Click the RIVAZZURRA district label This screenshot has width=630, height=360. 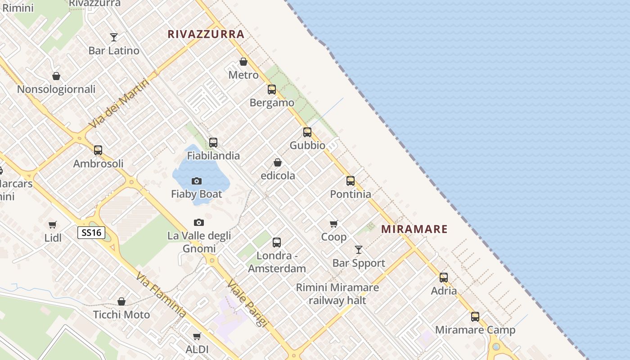[206, 34]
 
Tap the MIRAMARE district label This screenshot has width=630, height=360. [414, 229]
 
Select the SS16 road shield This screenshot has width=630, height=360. [91, 233]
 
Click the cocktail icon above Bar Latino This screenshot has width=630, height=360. [114, 37]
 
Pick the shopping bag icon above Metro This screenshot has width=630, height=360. [243, 62]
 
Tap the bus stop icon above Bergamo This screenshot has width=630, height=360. [272, 90]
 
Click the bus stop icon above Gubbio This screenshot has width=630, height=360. [307, 132]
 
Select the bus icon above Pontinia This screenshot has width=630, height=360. [351, 181]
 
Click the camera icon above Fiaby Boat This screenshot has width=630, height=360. [197, 181]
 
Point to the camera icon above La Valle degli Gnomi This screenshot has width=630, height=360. [198, 222]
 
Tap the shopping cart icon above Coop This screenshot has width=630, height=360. [333, 224]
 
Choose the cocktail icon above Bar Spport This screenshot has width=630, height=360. [359, 250]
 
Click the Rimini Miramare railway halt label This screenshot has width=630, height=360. [337, 294]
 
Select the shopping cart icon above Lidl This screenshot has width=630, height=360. [53, 225]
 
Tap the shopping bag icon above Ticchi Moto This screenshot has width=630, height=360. [121, 301]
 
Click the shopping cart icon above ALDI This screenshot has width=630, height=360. [197, 336]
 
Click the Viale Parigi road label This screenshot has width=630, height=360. [247, 303]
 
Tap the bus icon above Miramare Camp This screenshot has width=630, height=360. [475, 316]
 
